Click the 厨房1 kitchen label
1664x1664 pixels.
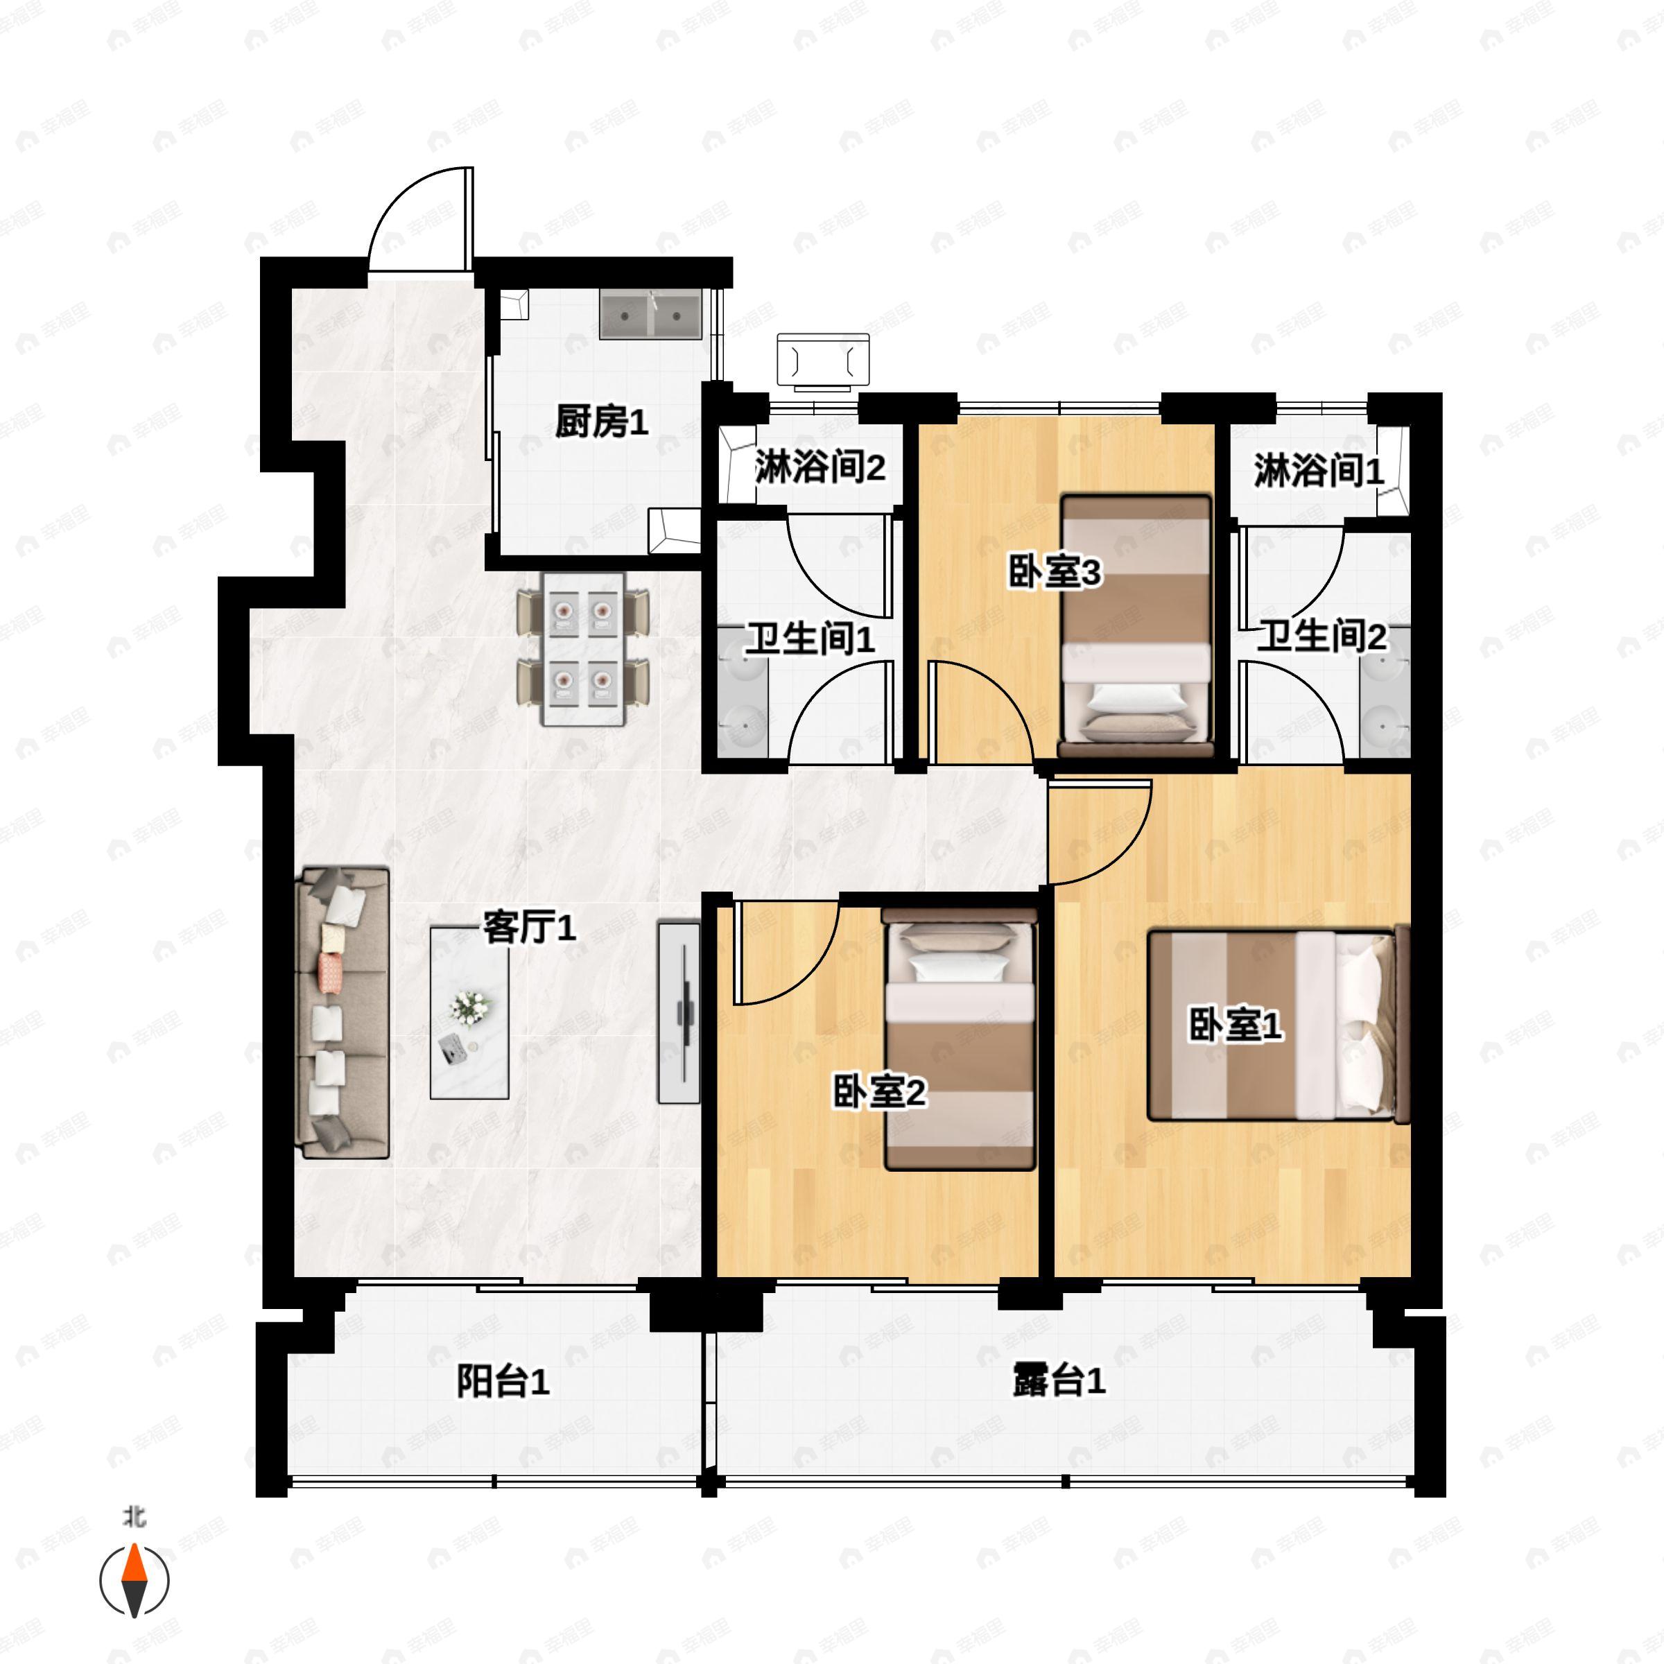(x=601, y=423)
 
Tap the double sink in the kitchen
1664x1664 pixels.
(x=651, y=314)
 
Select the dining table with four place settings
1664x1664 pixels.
(x=583, y=648)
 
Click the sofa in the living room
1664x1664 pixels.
(x=342, y=1013)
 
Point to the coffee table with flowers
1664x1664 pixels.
(x=469, y=1012)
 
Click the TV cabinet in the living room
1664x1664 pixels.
(x=679, y=1012)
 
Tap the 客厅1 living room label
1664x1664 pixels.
(x=529, y=928)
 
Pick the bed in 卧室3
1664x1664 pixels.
(x=1135, y=625)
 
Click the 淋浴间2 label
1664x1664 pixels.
(x=820, y=468)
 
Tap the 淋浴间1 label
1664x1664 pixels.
(x=1319, y=471)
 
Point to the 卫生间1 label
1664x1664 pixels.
(x=810, y=639)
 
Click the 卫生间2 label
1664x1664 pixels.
(x=1322, y=636)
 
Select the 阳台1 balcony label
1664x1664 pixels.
(x=502, y=1382)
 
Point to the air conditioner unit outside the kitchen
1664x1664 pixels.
(x=822, y=360)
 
